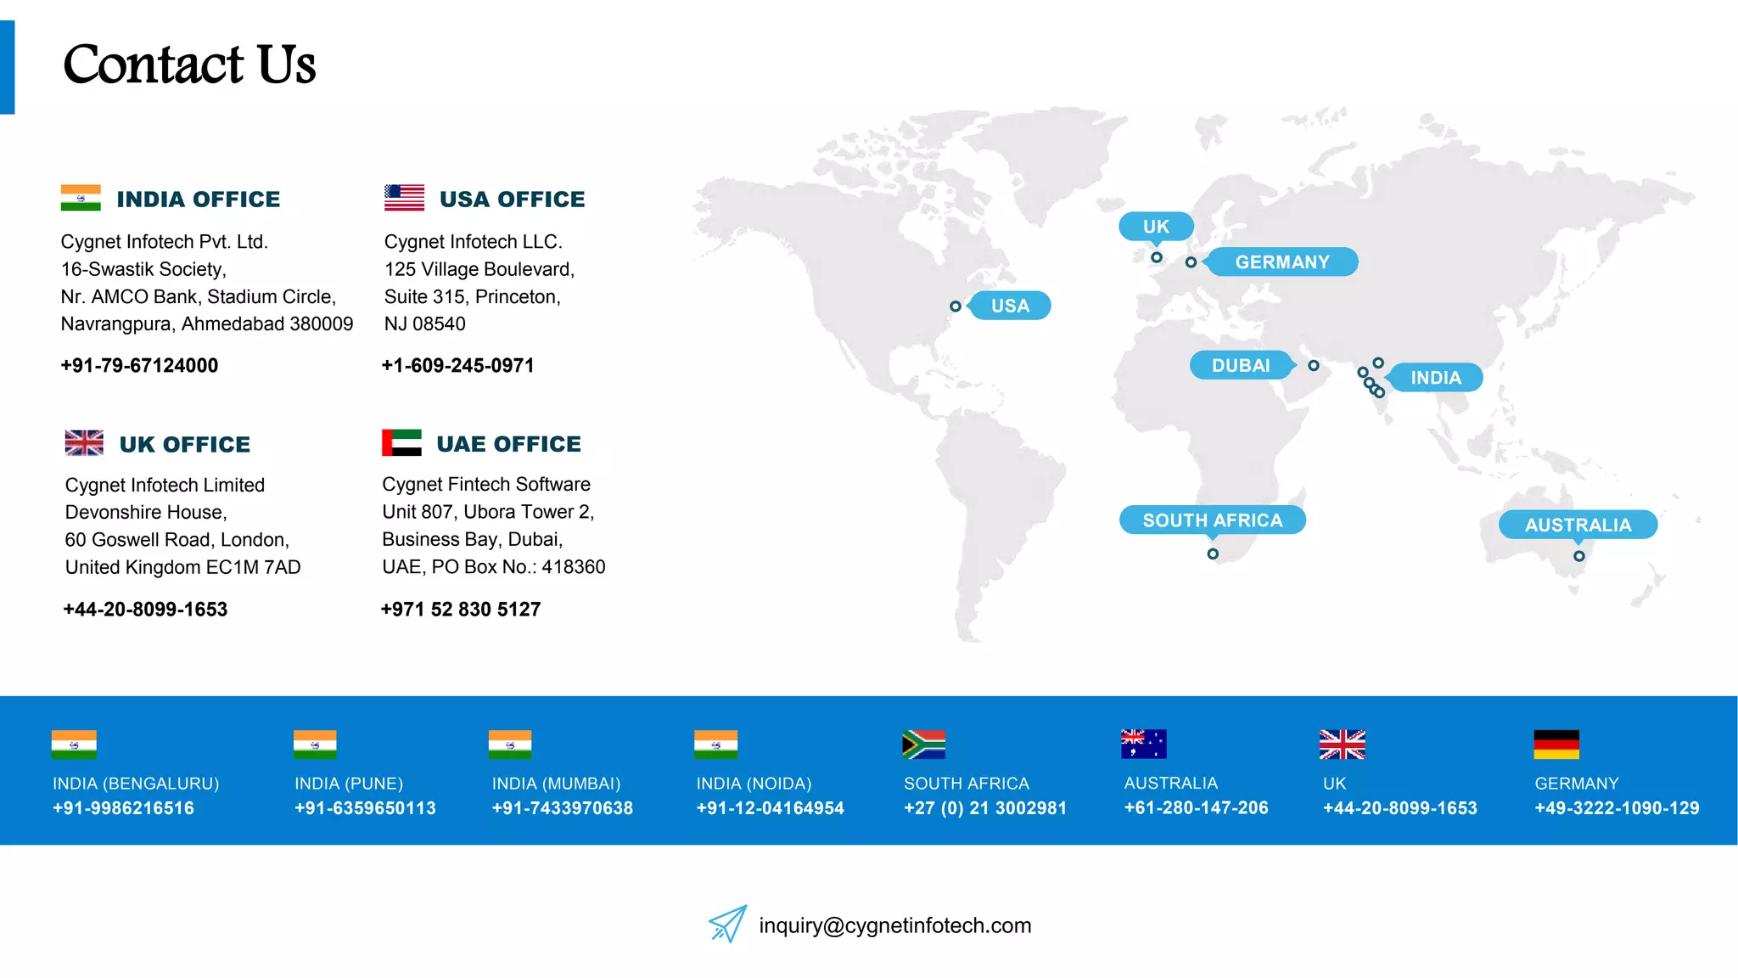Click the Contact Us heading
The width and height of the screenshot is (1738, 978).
point(189,65)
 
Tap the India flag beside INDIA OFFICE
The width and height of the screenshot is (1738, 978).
point(81,198)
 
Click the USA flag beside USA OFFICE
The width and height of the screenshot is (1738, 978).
point(404,198)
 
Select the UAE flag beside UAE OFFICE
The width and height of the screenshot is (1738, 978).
point(401,442)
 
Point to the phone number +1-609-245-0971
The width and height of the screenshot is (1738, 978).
point(458,365)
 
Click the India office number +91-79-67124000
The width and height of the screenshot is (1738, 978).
point(139,365)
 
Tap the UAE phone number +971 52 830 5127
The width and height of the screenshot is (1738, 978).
point(461,609)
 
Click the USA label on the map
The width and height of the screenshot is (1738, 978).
point(1010,306)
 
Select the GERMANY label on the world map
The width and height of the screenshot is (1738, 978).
point(1282,261)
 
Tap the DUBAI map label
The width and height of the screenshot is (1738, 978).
point(1241,365)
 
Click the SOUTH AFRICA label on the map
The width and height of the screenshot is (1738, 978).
point(1212,520)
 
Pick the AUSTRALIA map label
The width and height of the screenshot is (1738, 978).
point(1578,525)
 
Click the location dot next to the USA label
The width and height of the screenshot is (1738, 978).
point(956,306)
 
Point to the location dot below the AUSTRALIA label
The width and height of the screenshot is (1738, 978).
point(1578,556)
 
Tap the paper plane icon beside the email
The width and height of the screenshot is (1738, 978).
point(727,924)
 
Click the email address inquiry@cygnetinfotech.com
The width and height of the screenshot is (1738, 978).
point(894,925)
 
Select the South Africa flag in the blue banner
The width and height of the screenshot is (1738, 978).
point(923,745)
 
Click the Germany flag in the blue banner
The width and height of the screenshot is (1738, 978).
point(1556,745)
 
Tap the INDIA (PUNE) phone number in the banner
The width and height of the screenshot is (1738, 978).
point(365,808)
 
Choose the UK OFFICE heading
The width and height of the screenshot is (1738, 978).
point(185,444)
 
